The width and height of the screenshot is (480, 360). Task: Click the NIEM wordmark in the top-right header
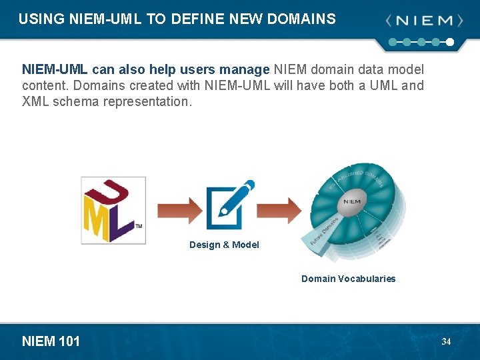click(x=424, y=21)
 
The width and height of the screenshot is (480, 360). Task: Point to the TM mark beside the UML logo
click(x=139, y=226)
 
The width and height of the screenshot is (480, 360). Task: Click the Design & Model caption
click(x=224, y=245)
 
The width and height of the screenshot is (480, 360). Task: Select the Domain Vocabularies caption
click(x=348, y=279)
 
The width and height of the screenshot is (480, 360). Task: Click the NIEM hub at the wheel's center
click(x=352, y=201)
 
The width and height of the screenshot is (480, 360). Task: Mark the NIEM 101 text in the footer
click(x=51, y=341)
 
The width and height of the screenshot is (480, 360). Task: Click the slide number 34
click(x=446, y=341)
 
